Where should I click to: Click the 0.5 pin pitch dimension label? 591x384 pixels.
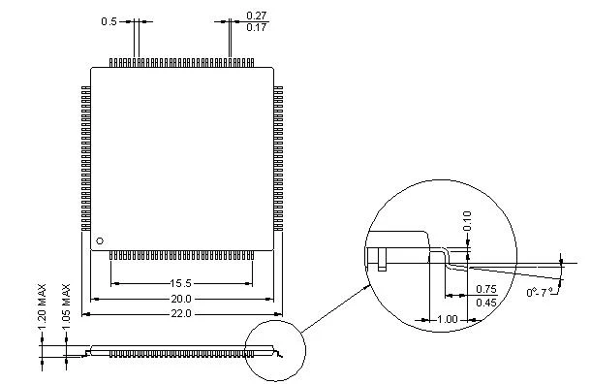109,21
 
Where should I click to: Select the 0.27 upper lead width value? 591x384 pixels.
257,16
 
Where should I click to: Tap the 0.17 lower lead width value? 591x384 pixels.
257,27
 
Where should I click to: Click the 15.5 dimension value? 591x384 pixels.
181,283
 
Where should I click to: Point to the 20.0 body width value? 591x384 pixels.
181,299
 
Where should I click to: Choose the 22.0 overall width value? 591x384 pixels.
181,314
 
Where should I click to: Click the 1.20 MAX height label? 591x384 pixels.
42,306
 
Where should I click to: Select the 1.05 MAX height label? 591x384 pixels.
66,306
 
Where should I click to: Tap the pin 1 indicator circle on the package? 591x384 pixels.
100,240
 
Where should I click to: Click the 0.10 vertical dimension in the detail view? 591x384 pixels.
467,221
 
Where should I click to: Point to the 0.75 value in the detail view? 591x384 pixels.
486,289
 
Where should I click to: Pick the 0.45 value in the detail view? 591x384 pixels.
486,303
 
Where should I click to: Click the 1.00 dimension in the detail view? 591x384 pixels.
447,319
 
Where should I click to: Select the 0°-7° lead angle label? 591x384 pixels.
540,292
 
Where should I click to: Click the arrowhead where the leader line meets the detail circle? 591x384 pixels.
368,287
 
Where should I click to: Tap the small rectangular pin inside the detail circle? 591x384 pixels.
382,260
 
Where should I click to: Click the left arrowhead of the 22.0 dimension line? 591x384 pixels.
86,314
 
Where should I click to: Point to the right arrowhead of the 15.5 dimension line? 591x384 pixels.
248,283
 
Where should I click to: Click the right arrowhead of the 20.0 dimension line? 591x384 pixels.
269,299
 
